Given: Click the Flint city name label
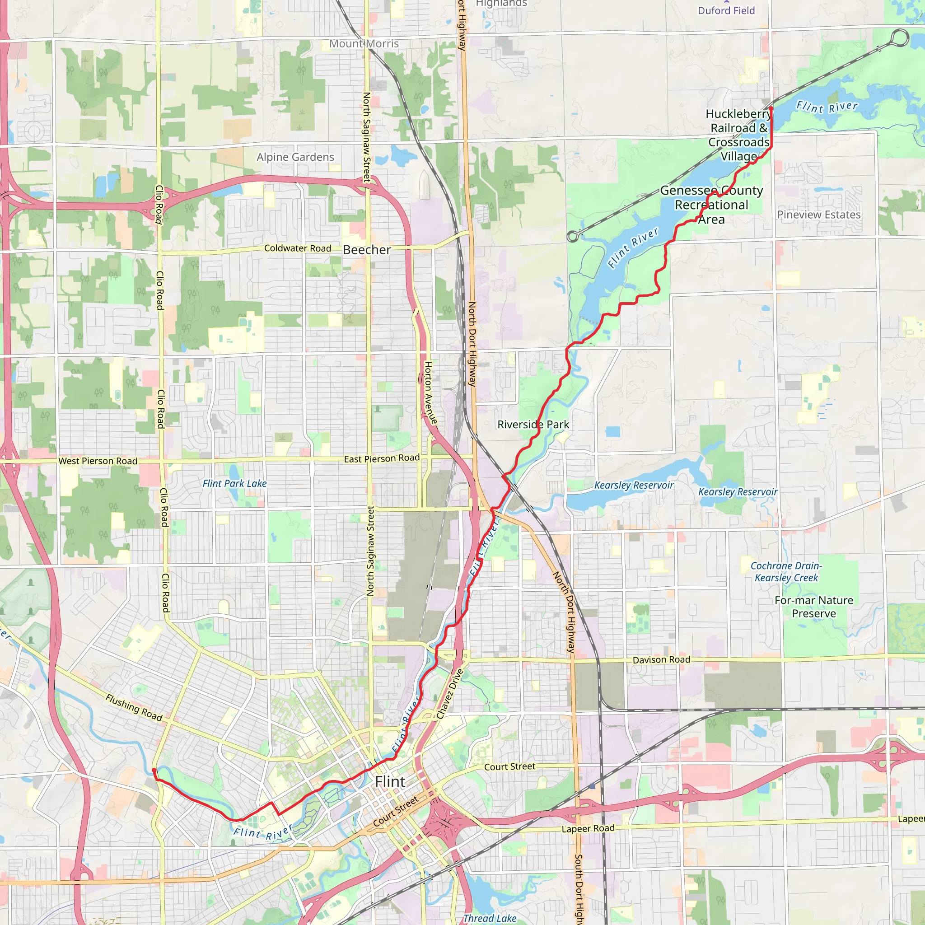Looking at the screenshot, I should click(x=390, y=782).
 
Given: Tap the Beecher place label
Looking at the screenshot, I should click(x=367, y=250).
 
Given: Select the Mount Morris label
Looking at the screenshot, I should click(x=364, y=43).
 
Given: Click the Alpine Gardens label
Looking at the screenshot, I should click(x=295, y=157).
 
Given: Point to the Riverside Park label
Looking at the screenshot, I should click(x=533, y=424).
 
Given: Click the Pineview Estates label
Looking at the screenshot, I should click(x=818, y=215).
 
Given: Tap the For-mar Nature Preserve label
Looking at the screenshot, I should click(x=813, y=607).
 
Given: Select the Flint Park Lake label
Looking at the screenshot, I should click(x=234, y=484).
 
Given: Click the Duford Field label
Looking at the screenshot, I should click(x=726, y=10).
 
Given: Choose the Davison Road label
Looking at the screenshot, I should click(x=661, y=660).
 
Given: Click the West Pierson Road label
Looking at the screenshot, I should click(x=98, y=461).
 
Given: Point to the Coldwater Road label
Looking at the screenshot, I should click(x=297, y=248).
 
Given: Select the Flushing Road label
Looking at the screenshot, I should click(x=134, y=708).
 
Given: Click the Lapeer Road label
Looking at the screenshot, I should click(x=588, y=829).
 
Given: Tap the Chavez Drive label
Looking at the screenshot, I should click(x=449, y=694).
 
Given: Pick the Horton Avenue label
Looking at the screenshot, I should click(x=430, y=392).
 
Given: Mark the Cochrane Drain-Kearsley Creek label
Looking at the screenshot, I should click(x=786, y=572).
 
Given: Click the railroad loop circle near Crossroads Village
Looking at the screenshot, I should click(x=900, y=37).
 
